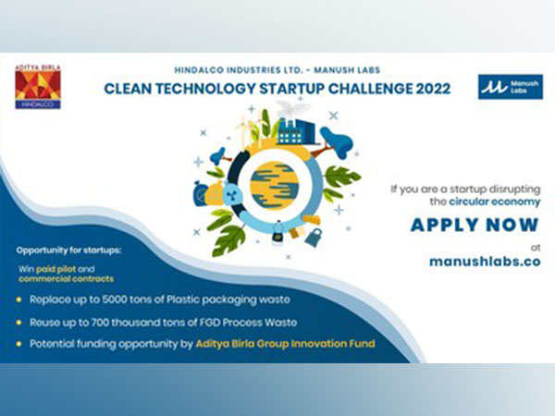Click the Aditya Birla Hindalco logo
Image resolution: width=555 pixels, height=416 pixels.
[x=37, y=87]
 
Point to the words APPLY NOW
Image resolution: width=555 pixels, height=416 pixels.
[x=475, y=225]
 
